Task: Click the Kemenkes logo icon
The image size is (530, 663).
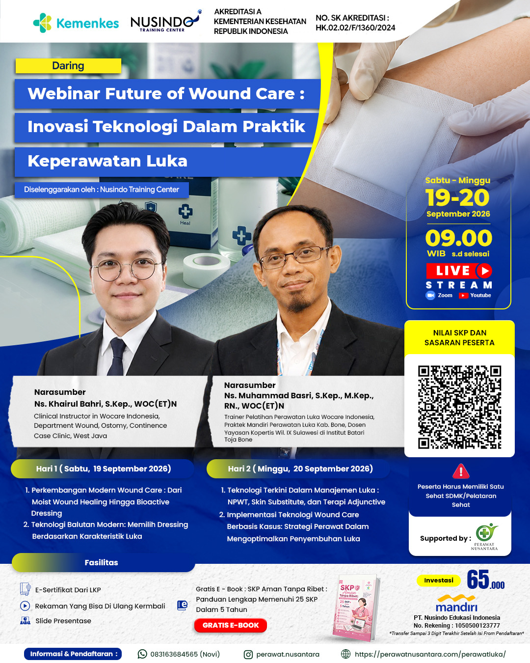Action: (43, 23)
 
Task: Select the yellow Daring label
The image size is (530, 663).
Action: (68, 66)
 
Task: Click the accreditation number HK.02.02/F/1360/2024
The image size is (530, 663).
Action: (355, 28)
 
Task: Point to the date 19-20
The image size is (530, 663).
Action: (457, 197)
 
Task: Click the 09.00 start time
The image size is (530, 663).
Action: (458, 238)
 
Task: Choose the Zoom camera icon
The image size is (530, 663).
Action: (430, 295)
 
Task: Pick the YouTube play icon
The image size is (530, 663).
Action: (463, 296)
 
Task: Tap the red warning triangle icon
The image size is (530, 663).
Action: (461, 471)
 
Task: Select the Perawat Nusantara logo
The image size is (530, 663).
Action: (485, 536)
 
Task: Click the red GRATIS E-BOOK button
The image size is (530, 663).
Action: (231, 625)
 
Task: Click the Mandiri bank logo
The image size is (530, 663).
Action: (457, 604)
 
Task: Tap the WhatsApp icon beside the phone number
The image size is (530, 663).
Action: (142, 654)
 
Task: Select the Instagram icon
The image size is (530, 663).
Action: (248, 654)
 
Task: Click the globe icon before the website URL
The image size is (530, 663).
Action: (346, 654)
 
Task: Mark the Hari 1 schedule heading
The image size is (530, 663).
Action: (103, 469)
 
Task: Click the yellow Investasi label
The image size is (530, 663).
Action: (439, 580)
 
